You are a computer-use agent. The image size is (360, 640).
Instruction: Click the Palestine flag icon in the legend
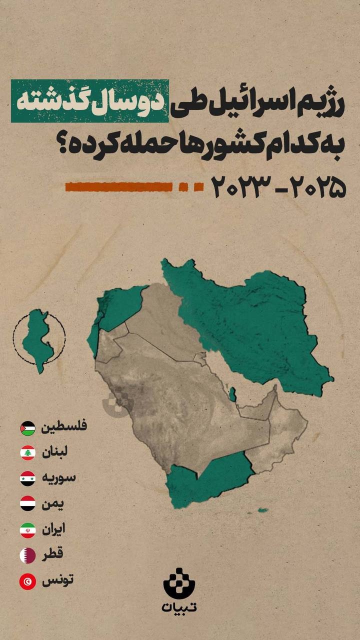point(28,428)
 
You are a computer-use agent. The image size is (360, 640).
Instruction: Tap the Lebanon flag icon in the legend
point(28,452)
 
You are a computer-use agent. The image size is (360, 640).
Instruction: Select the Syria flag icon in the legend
point(28,478)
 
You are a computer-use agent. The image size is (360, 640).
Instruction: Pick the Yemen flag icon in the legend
point(28,503)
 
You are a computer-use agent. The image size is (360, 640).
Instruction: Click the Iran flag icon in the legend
point(28,529)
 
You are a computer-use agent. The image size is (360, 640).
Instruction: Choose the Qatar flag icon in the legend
point(28,555)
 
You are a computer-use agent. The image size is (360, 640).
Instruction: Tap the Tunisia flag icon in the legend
point(28,581)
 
